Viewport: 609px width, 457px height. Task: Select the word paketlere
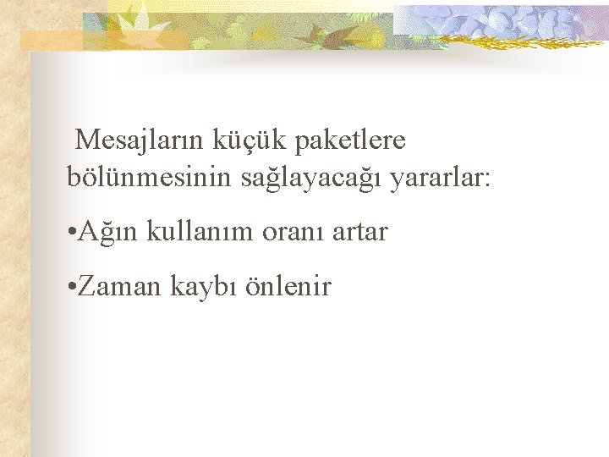click(x=350, y=139)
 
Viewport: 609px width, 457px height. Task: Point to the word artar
click(x=360, y=232)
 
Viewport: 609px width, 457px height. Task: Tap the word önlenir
click(x=288, y=287)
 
